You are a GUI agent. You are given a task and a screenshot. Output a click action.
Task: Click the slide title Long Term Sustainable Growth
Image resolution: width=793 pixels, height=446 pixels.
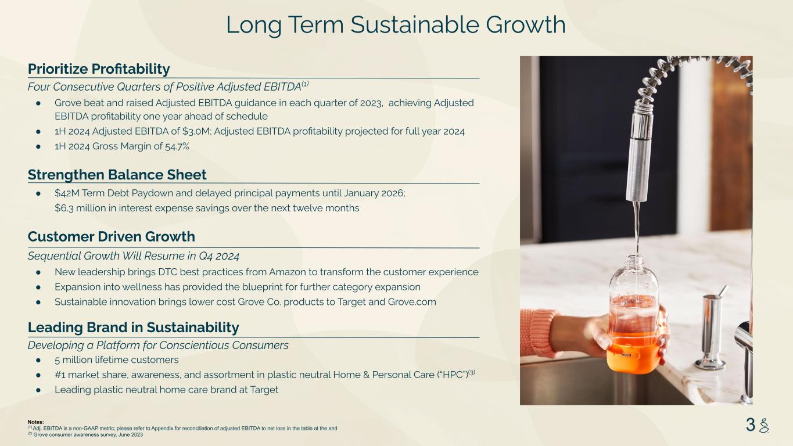(396, 25)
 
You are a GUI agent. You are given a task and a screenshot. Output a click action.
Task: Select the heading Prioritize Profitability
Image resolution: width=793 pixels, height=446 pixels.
(99, 69)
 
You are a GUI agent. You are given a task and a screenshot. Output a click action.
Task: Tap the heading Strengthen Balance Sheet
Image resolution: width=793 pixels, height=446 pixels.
(117, 174)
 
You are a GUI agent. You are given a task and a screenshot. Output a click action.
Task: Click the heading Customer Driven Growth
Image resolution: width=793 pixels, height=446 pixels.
(111, 236)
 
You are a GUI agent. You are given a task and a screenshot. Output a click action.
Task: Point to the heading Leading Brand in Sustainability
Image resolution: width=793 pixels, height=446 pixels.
(133, 328)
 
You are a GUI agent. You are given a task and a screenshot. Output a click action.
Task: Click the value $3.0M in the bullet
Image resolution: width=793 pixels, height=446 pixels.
(196, 131)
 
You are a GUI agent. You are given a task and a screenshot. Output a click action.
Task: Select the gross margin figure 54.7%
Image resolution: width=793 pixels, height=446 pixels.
(177, 146)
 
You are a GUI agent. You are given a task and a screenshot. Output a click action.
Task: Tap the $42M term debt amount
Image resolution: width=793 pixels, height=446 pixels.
(67, 193)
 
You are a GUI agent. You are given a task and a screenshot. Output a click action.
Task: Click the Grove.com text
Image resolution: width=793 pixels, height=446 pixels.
(412, 302)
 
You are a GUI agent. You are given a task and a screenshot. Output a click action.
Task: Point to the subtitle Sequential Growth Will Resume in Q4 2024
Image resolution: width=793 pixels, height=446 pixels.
(134, 256)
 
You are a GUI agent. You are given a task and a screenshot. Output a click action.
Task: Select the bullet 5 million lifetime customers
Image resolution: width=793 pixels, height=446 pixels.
(116, 360)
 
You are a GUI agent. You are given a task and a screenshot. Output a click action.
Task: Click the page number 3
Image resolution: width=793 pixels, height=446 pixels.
(750, 425)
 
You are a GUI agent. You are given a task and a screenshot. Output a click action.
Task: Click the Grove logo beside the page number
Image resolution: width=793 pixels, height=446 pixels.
(764, 426)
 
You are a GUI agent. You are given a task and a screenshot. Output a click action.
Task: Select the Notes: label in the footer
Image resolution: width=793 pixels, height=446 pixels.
(36, 422)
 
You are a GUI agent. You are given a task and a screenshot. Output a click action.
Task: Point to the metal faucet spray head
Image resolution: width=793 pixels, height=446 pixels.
(640, 152)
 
